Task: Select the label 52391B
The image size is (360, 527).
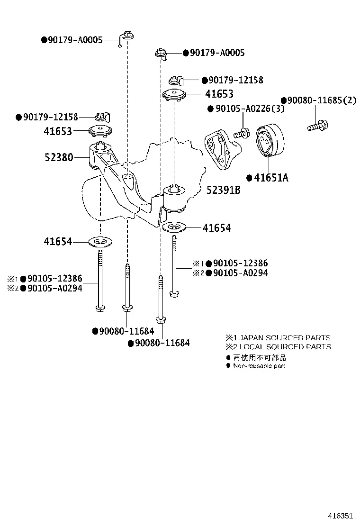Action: click(224, 190)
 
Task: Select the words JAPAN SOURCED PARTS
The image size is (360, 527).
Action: click(284, 338)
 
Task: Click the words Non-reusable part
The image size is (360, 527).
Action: click(259, 366)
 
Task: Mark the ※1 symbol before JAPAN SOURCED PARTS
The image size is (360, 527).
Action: click(230, 338)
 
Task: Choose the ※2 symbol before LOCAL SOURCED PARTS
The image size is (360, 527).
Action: click(230, 347)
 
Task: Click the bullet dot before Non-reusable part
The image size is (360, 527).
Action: click(228, 365)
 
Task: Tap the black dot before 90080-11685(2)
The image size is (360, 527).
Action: click(284, 100)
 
